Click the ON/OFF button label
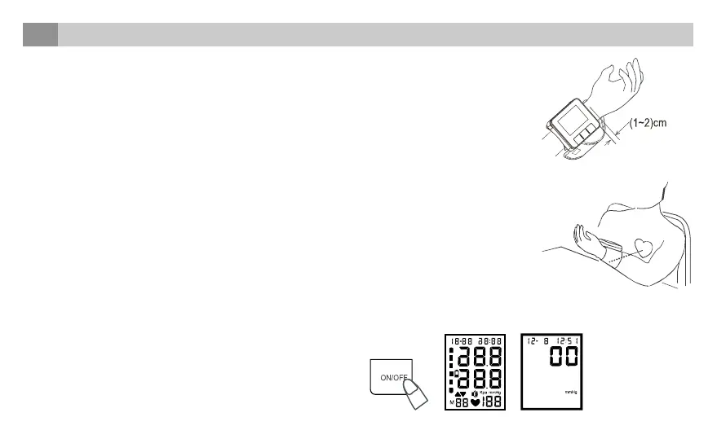pos(394,377)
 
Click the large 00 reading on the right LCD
pos(566,358)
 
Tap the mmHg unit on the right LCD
pos(571,393)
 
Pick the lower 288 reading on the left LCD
pos(480,380)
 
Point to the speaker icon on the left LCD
pos(473,393)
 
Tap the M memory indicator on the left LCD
pos(450,403)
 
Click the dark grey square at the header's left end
pos(40,35)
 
